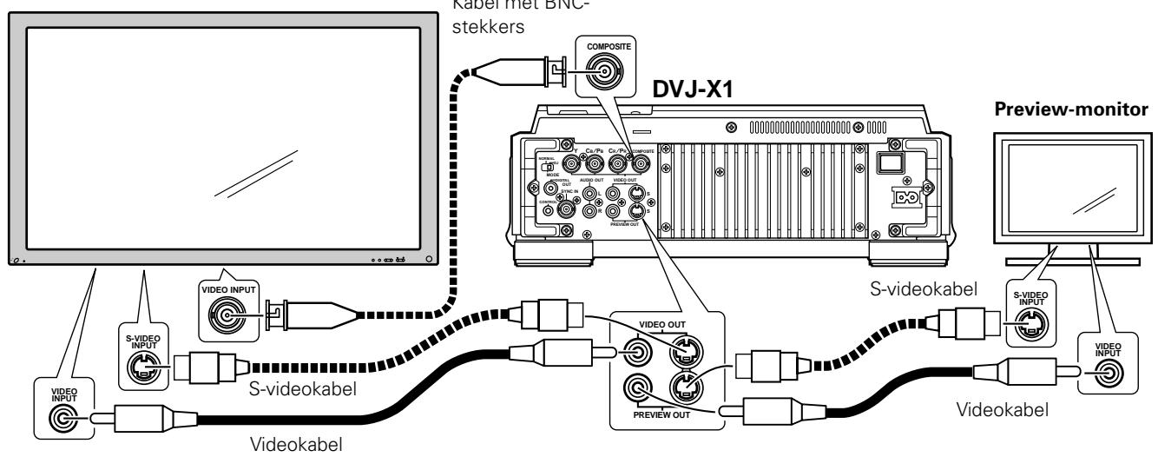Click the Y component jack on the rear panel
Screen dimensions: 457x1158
[x=573, y=162]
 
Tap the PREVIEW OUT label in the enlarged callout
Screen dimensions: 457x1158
[x=662, y=416]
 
